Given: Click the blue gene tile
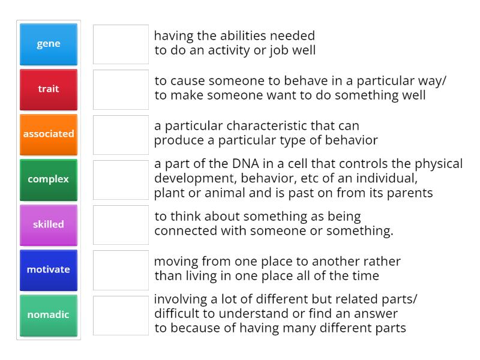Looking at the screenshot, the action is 49,44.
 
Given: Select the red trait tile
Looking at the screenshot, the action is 49,89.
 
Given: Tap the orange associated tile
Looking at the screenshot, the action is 49,134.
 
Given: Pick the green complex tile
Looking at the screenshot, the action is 49,179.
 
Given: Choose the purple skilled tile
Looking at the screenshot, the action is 49,225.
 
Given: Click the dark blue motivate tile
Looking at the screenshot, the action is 49,270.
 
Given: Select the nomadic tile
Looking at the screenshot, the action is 49,316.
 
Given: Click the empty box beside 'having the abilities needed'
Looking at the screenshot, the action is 121,44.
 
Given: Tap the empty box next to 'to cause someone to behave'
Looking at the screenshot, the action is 121,89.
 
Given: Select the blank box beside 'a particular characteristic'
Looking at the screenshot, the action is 121,134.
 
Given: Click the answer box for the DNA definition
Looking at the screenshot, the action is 121,179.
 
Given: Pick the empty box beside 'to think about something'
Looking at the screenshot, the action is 121,225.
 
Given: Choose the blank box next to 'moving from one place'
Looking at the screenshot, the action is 121,270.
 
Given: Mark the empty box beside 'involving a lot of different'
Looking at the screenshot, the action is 121,316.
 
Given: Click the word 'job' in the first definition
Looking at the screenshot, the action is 277,51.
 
